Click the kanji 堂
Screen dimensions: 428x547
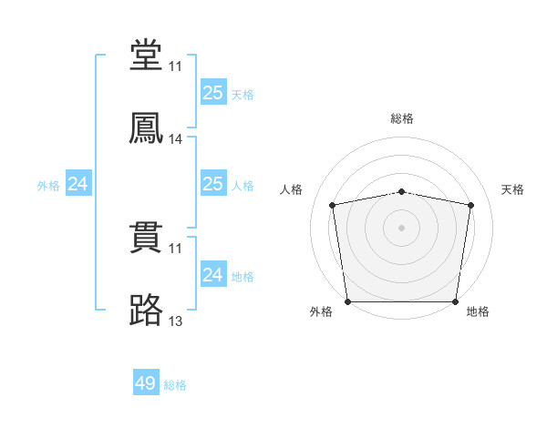point(146,56)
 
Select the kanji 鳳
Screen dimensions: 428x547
point(146,128)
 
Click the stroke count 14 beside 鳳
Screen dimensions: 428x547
point(176,139)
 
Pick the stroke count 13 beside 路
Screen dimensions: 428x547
point(176,321)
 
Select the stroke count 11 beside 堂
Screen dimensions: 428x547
point(176,67)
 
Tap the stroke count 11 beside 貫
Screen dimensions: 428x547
point(176,249)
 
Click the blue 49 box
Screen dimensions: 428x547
point(146,383)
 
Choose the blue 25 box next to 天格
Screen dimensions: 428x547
point(212,93)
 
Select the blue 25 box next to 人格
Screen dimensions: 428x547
point(212,184)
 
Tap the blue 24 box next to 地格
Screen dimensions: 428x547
point(212,275)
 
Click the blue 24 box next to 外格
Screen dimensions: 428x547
point(77,184)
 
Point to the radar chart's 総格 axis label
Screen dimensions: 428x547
point(402,119)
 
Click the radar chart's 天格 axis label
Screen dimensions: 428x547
point(512,189)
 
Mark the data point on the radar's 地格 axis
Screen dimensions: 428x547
point(456,301)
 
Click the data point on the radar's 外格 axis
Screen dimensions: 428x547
point(347,301)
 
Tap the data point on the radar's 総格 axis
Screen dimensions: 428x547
point(402,191)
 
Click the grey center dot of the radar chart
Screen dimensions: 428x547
point(402,228)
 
